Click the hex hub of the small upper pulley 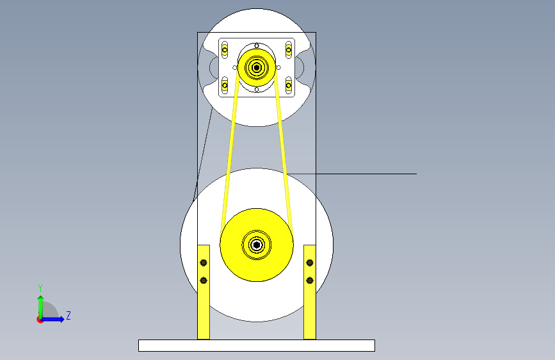[x=257, y=67]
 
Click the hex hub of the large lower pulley [x=257, y=245]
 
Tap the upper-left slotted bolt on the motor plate [x=225, y=50]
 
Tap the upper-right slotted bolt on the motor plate [x=289, y=50]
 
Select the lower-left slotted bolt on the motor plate [x=225, y=85]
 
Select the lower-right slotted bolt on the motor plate [x=289, y=85]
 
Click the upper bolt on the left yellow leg [x=204, y=263]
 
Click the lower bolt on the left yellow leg [x=204, y=281]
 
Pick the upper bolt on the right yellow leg [x=310, y=263]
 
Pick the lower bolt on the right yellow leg [x=310, y=281]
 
